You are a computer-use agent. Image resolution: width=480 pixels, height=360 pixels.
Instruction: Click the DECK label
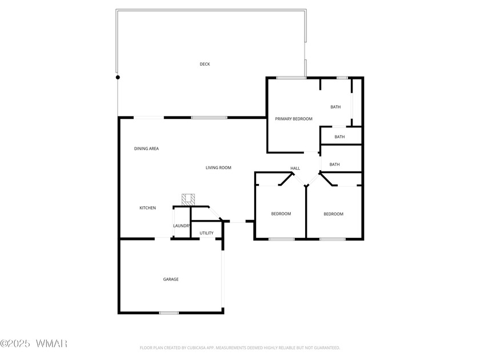click(x=205, y=64)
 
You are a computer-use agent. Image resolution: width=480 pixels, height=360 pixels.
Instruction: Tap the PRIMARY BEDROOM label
click(x=294, y=119)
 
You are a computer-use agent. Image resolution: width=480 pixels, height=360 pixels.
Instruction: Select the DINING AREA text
click(x=146, y=149)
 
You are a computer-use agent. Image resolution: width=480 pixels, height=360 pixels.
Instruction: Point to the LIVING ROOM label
click(x=218, y=167)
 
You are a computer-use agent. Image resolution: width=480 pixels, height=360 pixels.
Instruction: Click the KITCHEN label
click(x=147, y=208)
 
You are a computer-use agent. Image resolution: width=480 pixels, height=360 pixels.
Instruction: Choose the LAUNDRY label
click(x=182, y=226)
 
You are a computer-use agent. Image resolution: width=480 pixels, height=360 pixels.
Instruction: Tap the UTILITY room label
click(x=207, y=233)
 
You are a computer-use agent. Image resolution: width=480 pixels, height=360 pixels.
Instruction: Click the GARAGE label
click(x=171, y=279)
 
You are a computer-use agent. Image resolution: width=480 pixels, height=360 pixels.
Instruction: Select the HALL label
click(x=295, y=168)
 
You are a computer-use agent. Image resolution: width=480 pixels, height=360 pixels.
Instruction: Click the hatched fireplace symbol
click(x=188, y=199)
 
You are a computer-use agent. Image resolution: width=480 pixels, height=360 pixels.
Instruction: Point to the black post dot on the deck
click(x=118, y=77)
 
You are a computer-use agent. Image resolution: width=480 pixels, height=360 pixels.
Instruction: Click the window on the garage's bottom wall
click(x=169, y=313)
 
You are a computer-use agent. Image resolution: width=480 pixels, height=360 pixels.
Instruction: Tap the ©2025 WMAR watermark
click(x=34, y=343)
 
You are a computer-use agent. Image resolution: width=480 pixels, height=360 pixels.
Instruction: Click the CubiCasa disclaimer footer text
click(x=239, y=348)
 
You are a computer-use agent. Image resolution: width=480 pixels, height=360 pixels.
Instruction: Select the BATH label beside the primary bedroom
click(x=335, y=107)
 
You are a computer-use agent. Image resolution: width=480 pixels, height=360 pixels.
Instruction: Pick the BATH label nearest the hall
click(x=335, y=165)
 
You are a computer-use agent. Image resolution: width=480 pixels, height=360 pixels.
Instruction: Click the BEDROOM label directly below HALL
click(x=281, y=214)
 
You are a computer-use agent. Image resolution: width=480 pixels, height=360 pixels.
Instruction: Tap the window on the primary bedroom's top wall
click(x=291, y=78)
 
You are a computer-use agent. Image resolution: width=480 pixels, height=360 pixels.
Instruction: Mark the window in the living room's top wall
click(x=209, y=118)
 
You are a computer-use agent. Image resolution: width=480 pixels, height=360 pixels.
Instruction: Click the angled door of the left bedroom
click(x=286, y=179)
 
